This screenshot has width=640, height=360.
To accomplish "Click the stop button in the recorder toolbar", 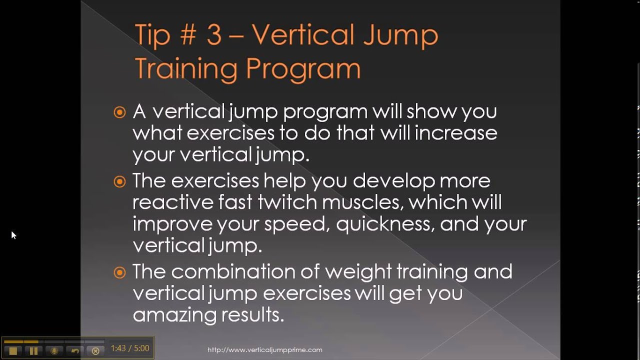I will point(13,350).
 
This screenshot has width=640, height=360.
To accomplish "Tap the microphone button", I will point(54,350).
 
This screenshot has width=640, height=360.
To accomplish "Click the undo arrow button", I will point(75,350).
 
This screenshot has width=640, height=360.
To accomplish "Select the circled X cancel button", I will point(95,350).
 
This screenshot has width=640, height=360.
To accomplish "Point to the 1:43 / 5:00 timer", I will point(130,348).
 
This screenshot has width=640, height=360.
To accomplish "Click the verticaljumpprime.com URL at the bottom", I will point(264,350).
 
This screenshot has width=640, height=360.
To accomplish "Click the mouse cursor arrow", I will point(13,234).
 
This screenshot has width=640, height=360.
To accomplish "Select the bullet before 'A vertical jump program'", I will point(119,112).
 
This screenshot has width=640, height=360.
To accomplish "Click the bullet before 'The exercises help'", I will point(119,181).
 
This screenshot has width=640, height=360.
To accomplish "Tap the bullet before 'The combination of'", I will point(119,272).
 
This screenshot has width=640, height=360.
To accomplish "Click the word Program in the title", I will point(303,69).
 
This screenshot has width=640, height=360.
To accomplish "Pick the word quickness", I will point(383,224).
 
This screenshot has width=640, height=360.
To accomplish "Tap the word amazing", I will point(175,315).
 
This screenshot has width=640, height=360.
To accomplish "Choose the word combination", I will point(232,271).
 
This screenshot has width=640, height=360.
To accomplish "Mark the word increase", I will point(456,133).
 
